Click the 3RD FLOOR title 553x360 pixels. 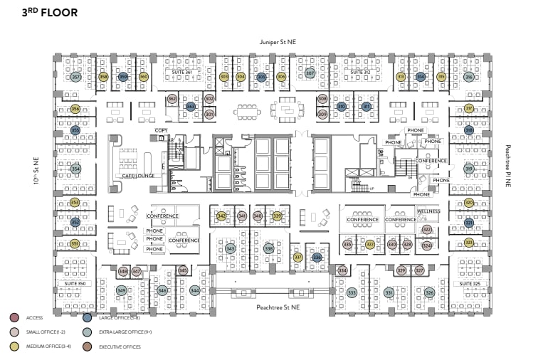(x=51, y=13)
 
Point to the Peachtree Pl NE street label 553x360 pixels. (x=508, y=166)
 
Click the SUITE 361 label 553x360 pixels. (x=183, y=73)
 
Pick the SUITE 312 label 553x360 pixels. (x=359, y=73)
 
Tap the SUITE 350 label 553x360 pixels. (x=75, y=283)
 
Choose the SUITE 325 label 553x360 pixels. (x=470, y=283)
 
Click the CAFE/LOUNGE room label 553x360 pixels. (x=138, y=176)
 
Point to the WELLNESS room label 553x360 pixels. (x=428, y=211)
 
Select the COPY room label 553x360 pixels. (x=161, y=131)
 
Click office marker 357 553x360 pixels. (x=75, y=77)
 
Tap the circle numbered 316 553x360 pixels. (x=469, y=77)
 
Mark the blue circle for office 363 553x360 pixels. (x=190, y=107)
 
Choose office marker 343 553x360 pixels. (x=230, y=249)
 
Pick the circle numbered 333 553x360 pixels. (x=352, y=292)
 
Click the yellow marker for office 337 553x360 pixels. (x=298, y=258)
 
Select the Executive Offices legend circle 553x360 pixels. (x=88, y=346)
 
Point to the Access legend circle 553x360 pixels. (x=14, y=317)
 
